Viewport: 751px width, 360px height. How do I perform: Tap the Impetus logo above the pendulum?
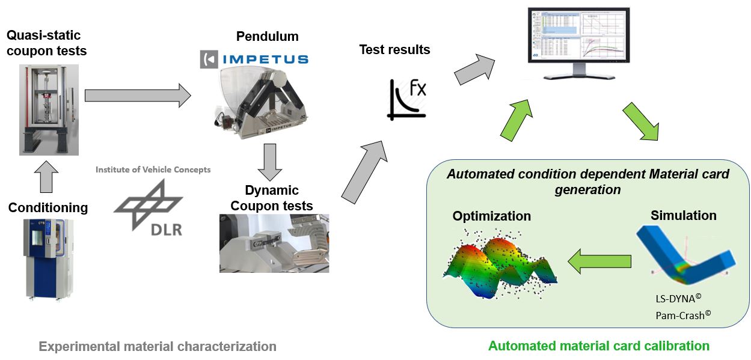[x=254, y=59]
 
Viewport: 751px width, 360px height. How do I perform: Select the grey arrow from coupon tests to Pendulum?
[x=137, y=96]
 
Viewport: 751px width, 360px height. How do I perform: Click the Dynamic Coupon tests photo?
[x=274, y=243]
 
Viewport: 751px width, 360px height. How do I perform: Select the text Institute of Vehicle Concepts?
[x=153, y=169]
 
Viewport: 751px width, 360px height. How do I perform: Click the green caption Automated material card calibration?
[x=598, y=346]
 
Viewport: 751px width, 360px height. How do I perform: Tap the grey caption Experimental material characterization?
[x=158, y=346]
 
